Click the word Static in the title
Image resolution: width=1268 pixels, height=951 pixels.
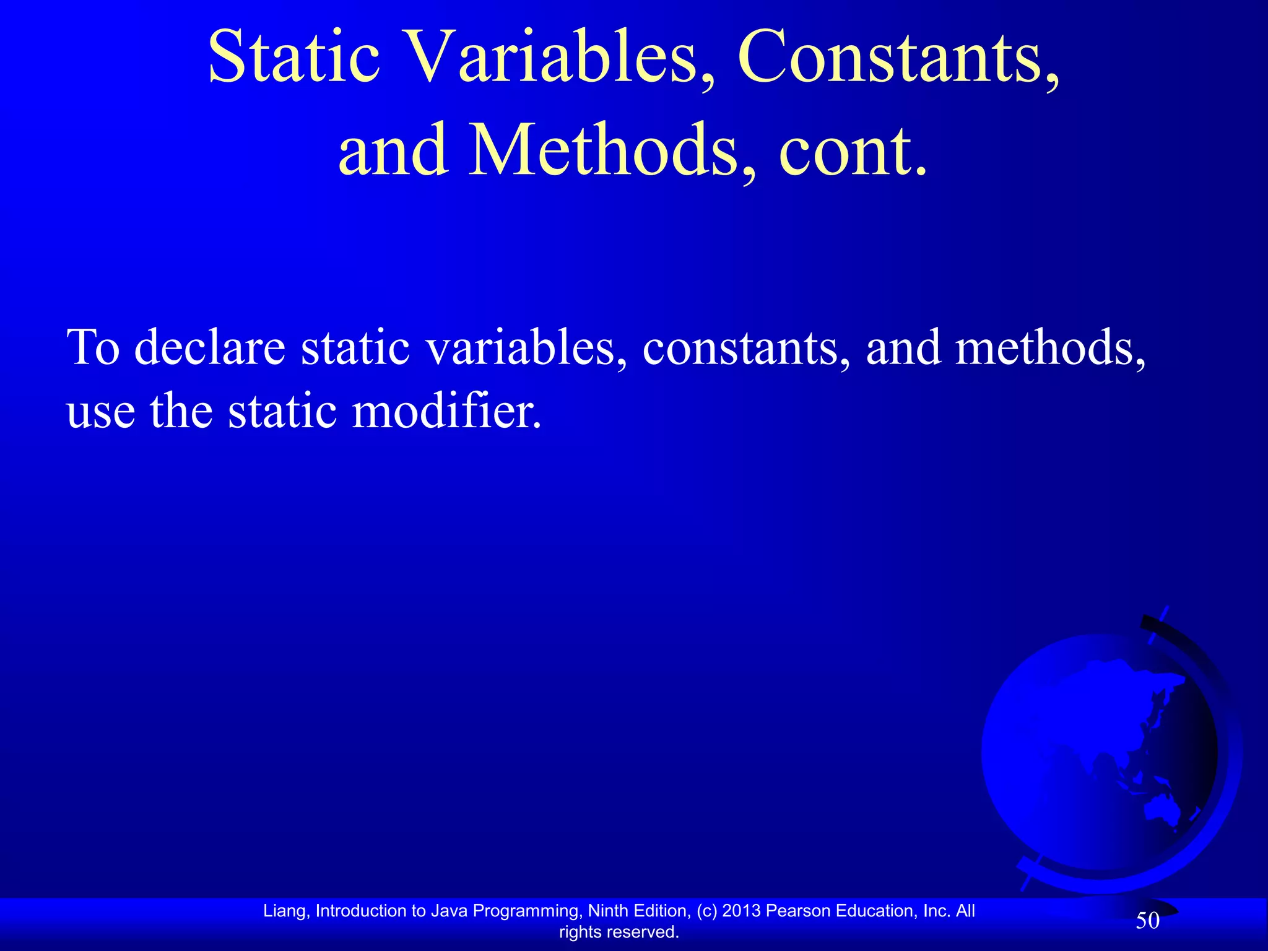pyautogui.click(x=293, y=57)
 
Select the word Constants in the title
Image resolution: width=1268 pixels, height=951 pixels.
pyautogui.click(x=898, y=57)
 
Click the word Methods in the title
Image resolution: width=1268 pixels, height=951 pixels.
pyautogui.click(x=604, y=150)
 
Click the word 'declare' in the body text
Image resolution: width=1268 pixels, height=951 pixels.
pyautogui.click(x=210, y=347)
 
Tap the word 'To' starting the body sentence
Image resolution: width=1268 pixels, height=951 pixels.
pyautogui.click(x=92, y=347)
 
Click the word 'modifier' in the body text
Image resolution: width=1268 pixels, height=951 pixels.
pyautogui.click(x=446, y=411)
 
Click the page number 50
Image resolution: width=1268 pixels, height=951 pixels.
pyautogui.click(x=1147, y=921)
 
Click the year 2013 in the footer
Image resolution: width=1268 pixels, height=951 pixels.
pyautogui.click(x=741, y=911)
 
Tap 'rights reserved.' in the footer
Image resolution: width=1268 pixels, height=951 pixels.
pyautogui.click(x=619, y=932)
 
